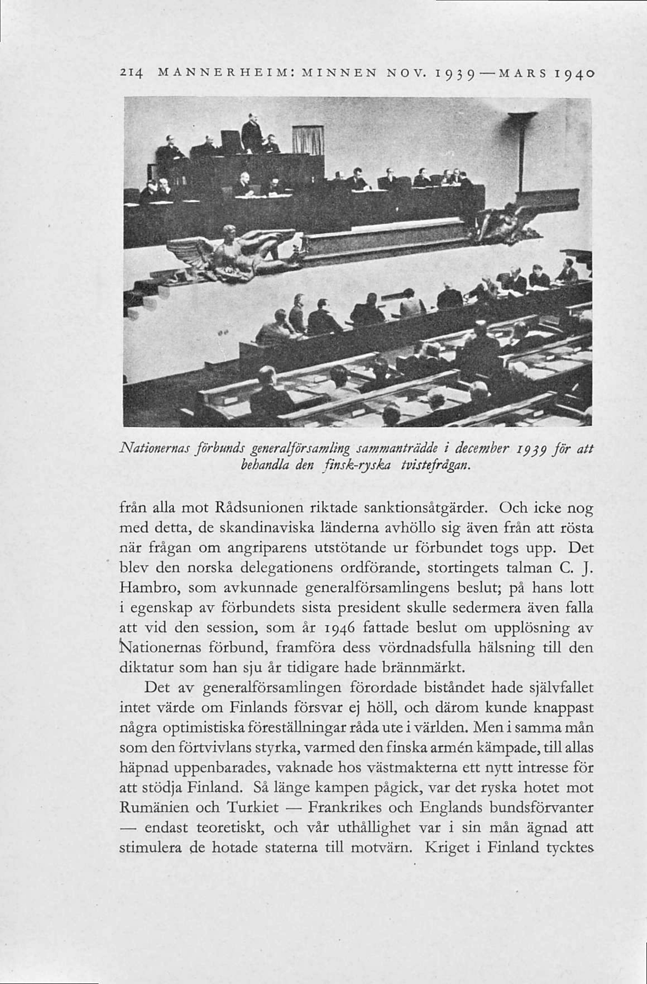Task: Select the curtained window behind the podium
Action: click(x=308, y=140)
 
